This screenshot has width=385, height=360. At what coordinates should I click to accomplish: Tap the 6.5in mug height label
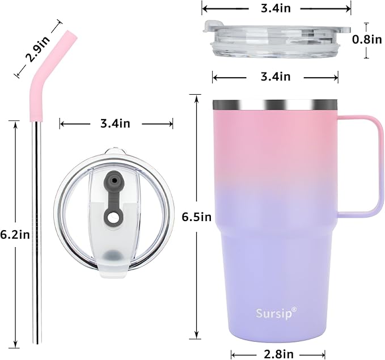point(197,217)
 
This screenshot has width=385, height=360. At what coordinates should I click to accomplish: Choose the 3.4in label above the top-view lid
point(116,124)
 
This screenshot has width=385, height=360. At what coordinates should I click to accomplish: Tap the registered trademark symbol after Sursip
point(294,309)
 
